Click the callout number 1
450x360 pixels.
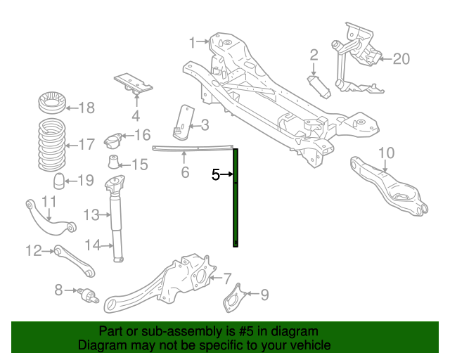point(192,43)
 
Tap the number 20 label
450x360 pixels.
point(400,59)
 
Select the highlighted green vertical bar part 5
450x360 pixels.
point(236,198)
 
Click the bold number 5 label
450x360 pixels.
point(217,175)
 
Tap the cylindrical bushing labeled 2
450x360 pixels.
point(321,88)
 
